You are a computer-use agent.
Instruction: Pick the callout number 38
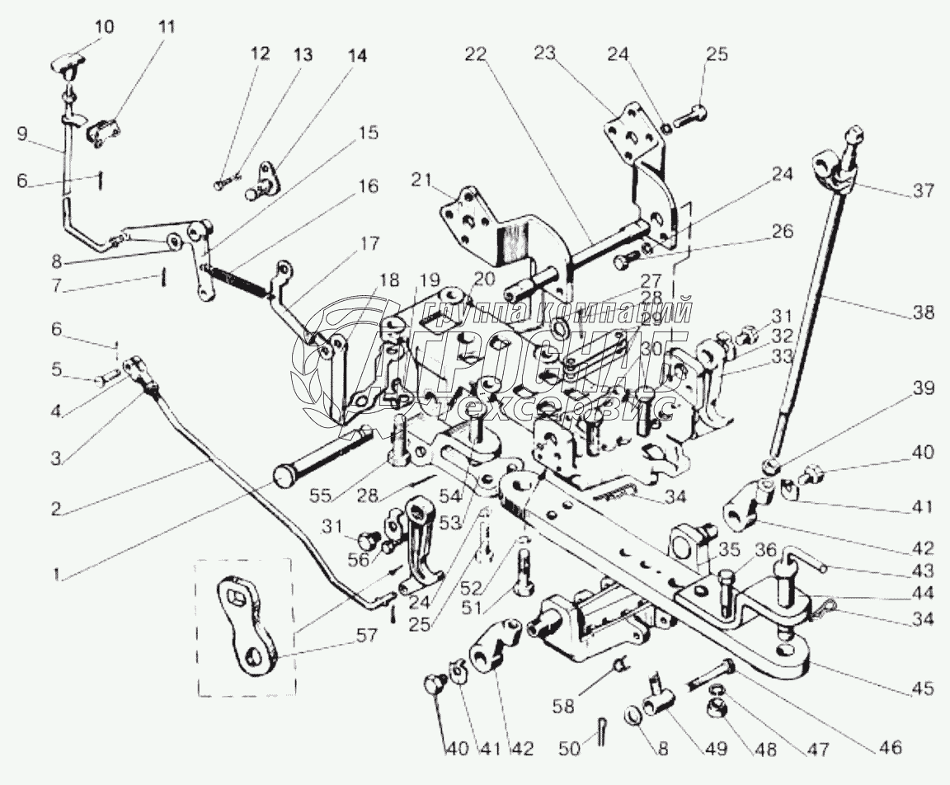(x=924, y=313)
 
